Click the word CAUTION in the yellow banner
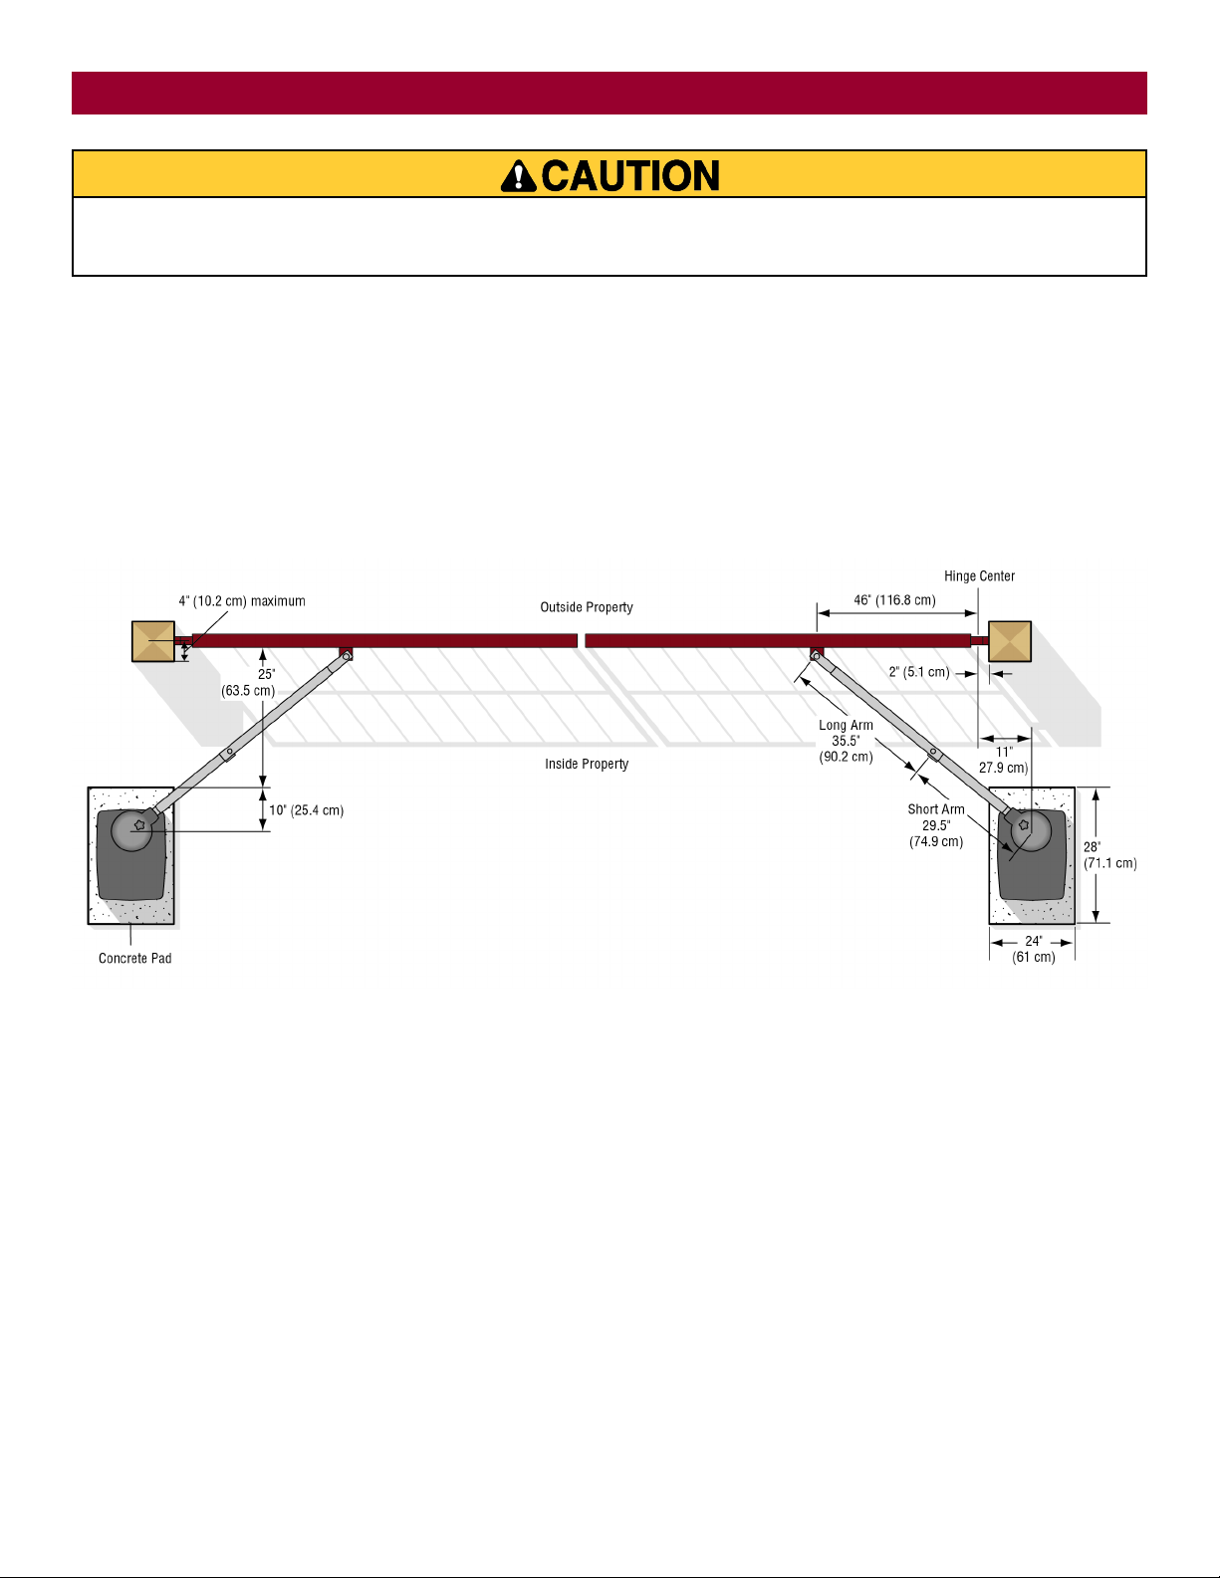click(x=630, y=176)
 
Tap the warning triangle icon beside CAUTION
click(x=519, y=176)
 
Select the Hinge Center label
click(x=979, y=575)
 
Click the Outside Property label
click(x=586, y=607)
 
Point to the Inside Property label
click(x=587, y=764)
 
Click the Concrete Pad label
click(x=135, y=959)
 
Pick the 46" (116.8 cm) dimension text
click(x=894, y=600)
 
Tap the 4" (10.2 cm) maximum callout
click(x=242, y=601)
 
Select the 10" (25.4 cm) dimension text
click(x=307, y=810)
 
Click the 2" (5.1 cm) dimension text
click(x=919, y=672)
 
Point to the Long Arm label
click(x=846, y=725)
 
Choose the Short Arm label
click(x=936, y=809)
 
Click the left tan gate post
click(x=153, y=641)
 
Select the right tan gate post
click(x=1010, y=641)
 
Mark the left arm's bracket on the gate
click(x=347, y=653)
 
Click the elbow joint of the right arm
click(x=934, y=754)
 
